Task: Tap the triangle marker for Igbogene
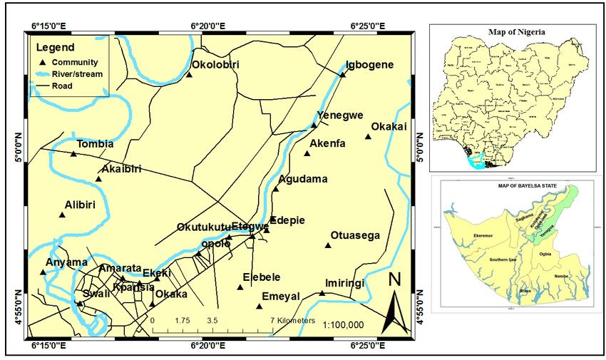(x=342, y=73)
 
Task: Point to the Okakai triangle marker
(x=369, y=136)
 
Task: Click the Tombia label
(x=95, y=144)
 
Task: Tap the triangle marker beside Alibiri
(x=62, y=214)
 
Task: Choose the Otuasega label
(x=356, y=236)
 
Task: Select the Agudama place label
(x=303, y=179)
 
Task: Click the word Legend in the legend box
(x=55, y=48)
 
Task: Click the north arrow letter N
(x=394, y=279)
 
